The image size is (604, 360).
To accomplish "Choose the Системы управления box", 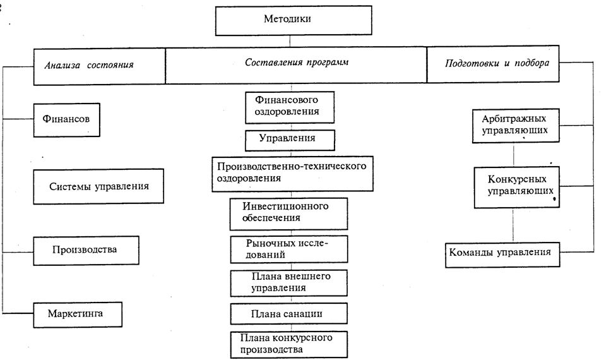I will pos(99,186).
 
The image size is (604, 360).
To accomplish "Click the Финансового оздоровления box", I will pos(289,106).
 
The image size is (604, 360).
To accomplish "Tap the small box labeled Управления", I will pos(289,139).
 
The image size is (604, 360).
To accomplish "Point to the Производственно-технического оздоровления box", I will pos(292,172).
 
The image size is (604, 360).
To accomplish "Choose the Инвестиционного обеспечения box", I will pos(289,213).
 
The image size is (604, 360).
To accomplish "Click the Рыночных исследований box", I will pos(289,249).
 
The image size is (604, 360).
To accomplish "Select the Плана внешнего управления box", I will pos(289,282).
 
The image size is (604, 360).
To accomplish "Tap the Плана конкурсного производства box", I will pos(289,343).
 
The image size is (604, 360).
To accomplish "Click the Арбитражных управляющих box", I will pos(514,124).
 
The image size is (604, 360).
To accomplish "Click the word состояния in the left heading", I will pos(113,65).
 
